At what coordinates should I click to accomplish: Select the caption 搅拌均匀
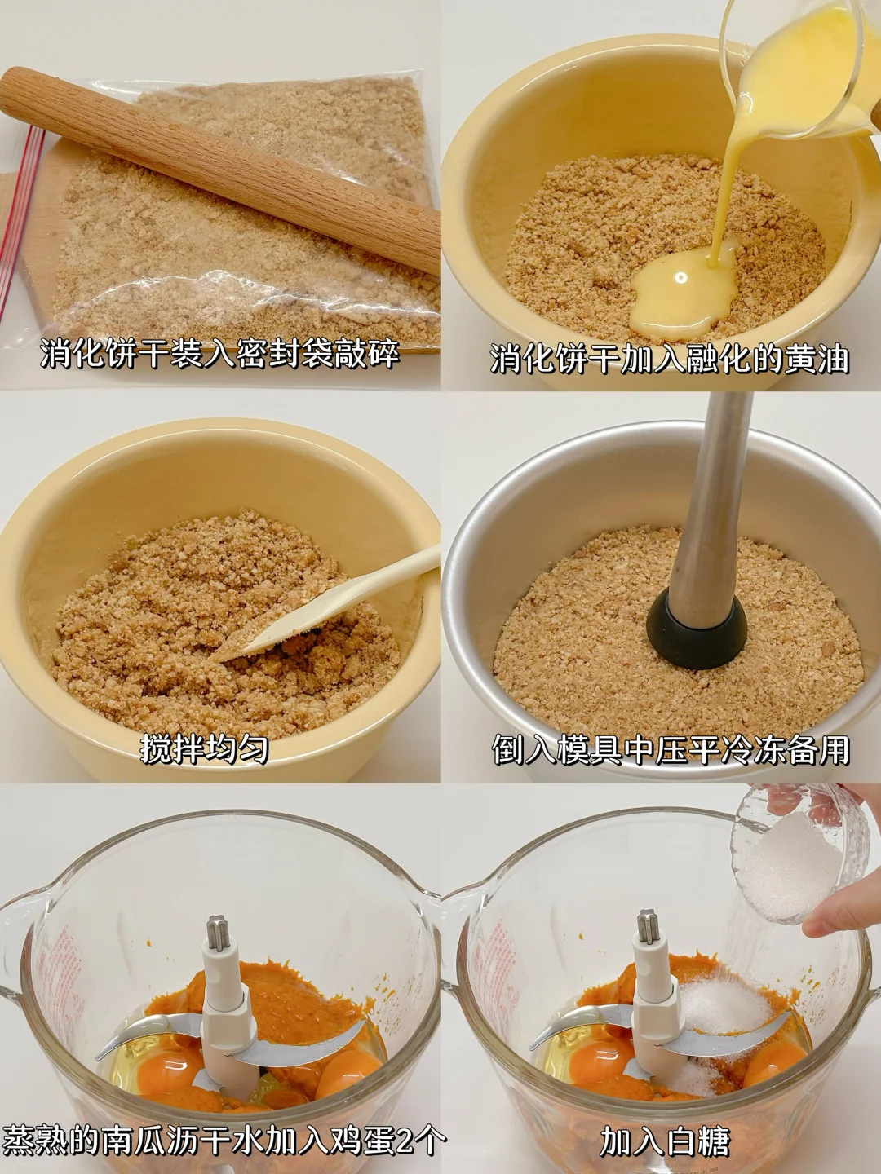[x=204, y=748]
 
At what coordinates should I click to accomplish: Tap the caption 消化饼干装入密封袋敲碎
[x=220, y=353]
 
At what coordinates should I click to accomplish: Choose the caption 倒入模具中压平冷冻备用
[x=671, y=748]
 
